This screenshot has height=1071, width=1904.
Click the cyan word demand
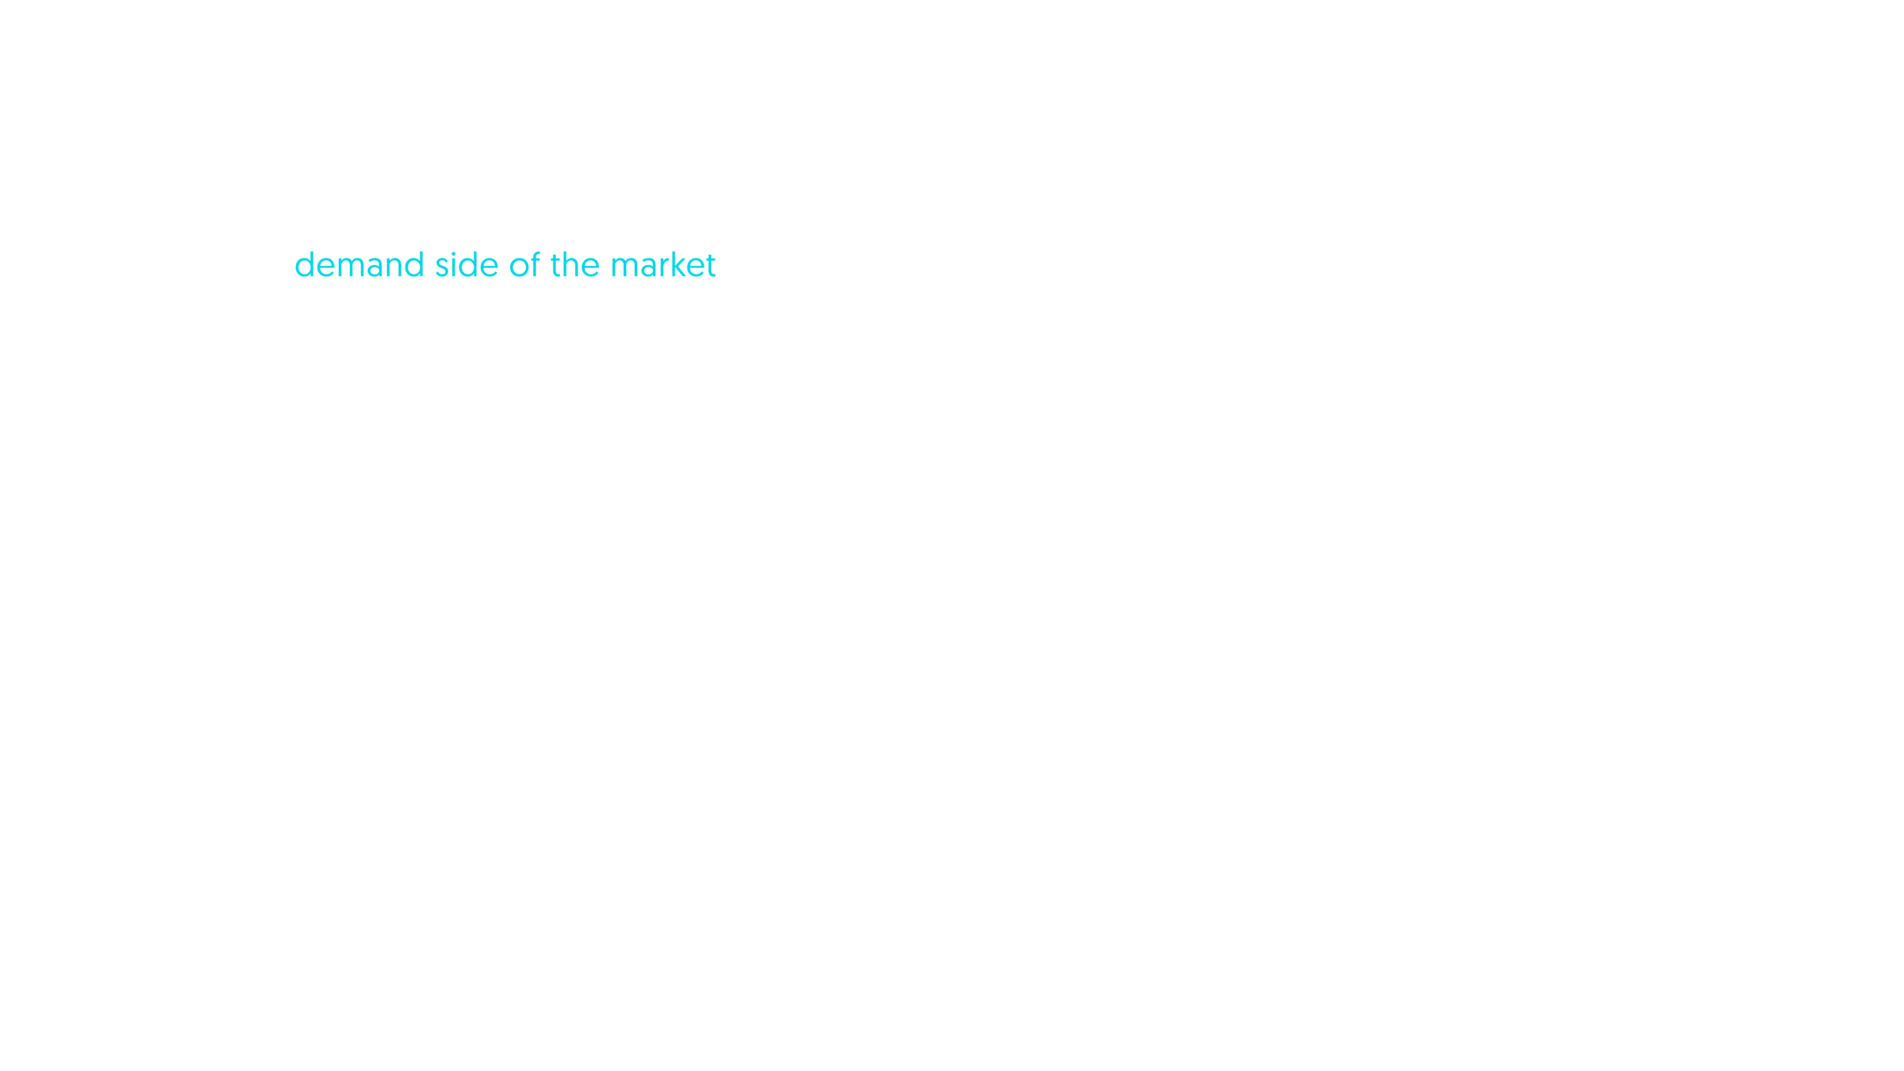pyautogui.click(x=359, y=266)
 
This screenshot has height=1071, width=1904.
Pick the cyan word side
pyautogui.click(x=466, y=266)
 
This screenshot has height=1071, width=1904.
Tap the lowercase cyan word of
pyautogui.click(x=524, y=266)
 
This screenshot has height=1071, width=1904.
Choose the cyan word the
pyautogui.click(x=575, y=266)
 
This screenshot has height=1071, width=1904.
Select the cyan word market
pyautogui.click(x=663, y=266)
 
